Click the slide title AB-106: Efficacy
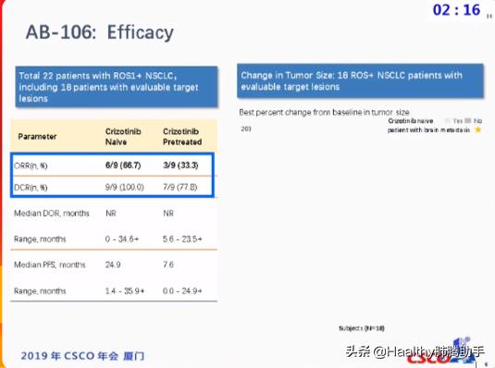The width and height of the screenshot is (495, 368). click(100, 33)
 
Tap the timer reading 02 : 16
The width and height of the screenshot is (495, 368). click(457, 10)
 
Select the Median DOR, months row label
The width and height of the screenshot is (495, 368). click(51, 213)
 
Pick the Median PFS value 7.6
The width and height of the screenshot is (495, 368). click(169, 264)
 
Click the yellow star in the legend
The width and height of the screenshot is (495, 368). click(478, 130)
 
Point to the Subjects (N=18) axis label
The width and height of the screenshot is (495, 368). click(361, 328)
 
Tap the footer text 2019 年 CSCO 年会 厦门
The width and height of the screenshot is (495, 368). click(83, 356)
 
